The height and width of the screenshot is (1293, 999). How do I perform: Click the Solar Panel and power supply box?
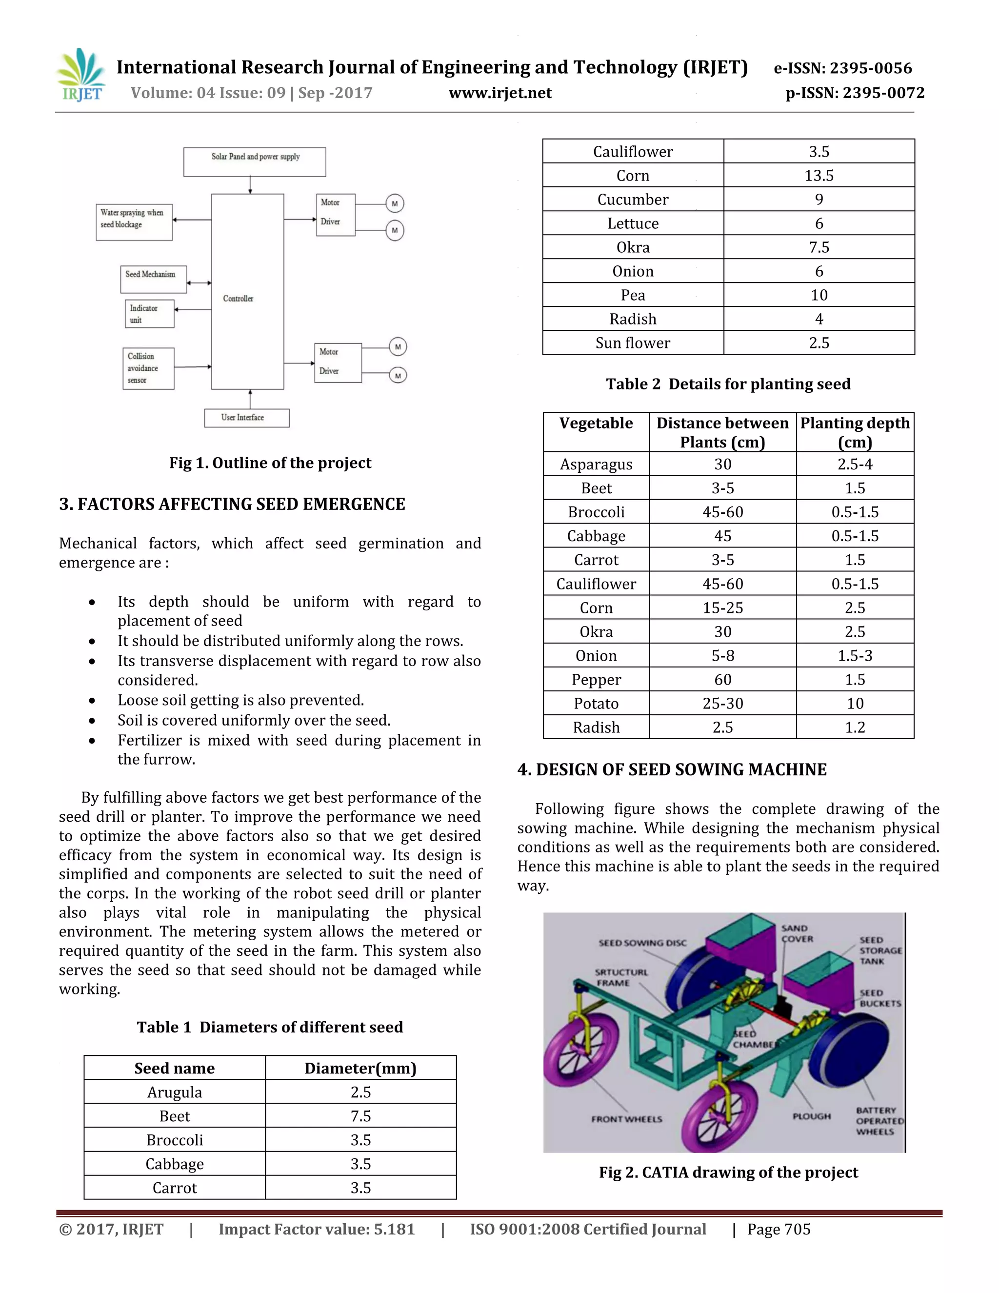[255, 162]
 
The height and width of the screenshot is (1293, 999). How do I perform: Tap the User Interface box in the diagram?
[246, 417]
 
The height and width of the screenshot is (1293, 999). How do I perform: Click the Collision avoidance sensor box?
[148, 368]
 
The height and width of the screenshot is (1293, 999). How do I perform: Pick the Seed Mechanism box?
[153, 279]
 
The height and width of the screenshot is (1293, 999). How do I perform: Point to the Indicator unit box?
[149, 314]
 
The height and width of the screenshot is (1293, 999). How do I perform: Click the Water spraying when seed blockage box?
[134, 222]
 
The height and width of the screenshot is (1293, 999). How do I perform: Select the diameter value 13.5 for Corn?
[819, 175]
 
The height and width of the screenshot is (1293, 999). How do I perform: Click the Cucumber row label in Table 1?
[633, 200]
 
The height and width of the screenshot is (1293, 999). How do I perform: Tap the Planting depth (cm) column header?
[855, 432]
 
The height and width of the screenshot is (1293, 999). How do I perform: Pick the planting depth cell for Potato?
[855, 703]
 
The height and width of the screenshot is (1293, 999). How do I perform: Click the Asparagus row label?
[596, 464]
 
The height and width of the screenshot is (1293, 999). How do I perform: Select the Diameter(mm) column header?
[360, 1068]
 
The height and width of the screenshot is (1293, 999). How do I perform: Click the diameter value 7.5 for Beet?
[360, 1116]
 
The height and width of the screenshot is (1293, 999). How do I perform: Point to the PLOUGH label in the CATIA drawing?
[811, 1116]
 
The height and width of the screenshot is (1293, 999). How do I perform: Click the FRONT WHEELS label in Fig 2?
[626, 1119]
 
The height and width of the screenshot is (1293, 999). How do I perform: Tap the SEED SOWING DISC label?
[642, 943]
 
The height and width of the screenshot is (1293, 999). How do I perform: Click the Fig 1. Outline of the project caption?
[270, 463]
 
